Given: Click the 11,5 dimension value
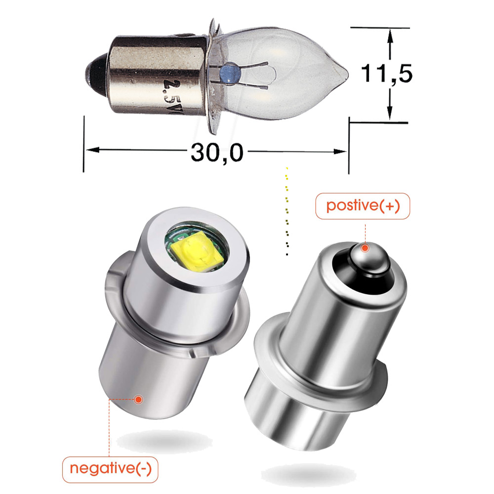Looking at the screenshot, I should (386, 74).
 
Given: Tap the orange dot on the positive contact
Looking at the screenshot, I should (365, 247).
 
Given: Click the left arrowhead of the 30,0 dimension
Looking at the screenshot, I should (90, 150).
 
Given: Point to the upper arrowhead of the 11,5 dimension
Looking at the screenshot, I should (390, 36).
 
